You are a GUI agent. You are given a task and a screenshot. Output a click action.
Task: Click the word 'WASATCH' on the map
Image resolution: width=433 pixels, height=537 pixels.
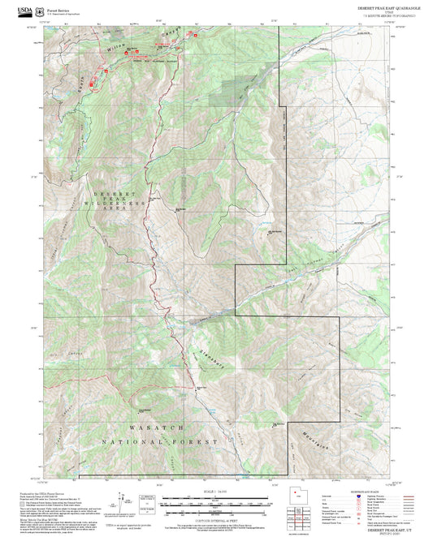click(155, 426)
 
